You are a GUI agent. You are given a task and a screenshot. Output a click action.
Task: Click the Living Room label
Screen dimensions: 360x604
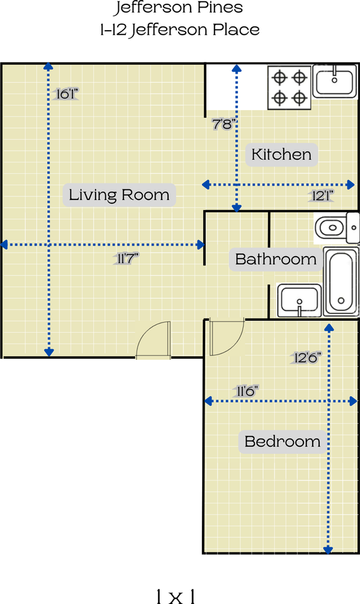[x=119, y=195]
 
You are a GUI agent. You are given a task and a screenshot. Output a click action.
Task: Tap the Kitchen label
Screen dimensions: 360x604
[x=281, y=155]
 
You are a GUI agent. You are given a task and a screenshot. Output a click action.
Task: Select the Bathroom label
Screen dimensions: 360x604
[x=276, y=259]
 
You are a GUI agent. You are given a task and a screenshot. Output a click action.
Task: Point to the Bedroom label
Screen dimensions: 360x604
[x=283, y=441]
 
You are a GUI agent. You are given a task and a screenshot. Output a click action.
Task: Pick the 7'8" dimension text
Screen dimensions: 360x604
[x=224, y=124]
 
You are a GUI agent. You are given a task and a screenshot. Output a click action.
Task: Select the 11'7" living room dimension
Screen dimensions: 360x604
[x=127, y=258]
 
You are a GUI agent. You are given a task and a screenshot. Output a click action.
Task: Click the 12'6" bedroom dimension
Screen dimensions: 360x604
[x=307, y=357]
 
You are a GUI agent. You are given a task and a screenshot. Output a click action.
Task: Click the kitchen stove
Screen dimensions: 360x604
[x=290, y=88]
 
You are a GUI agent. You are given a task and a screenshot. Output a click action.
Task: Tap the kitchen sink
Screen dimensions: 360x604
[x=335, y=81]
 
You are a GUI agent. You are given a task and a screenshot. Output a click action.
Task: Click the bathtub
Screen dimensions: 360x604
[x=342, y=282]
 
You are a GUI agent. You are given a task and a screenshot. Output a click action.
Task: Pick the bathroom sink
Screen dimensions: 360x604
[x=300, y=301]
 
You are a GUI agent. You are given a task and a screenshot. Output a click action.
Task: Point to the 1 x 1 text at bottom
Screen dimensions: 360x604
[x=176, y=596]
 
